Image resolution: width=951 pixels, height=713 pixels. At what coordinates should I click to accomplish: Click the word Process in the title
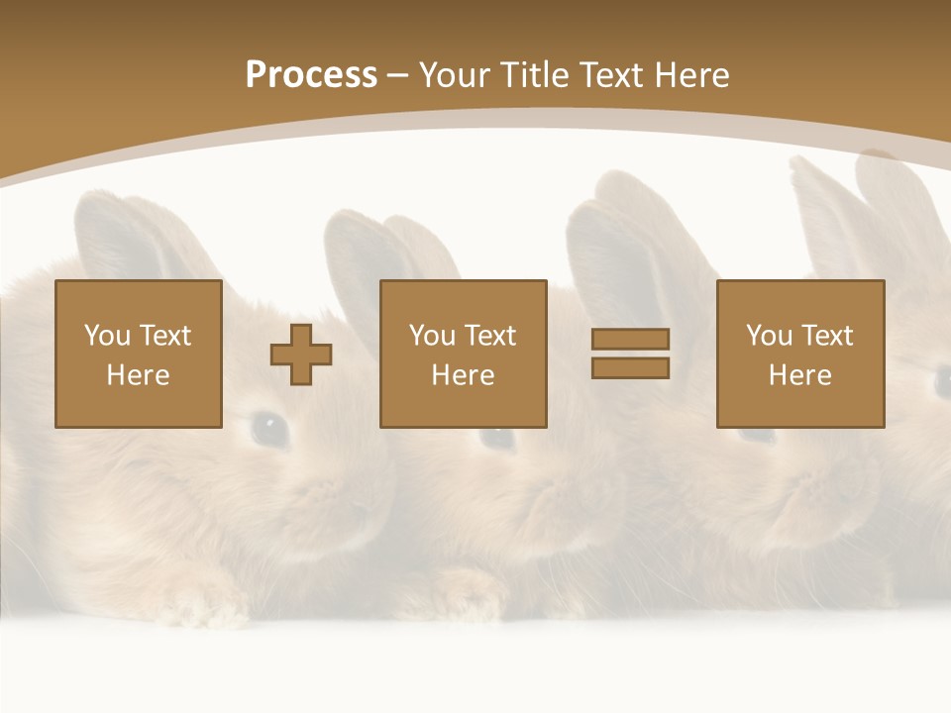(x=311, y=74)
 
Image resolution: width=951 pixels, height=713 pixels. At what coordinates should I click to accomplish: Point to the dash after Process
(x=397, y=75)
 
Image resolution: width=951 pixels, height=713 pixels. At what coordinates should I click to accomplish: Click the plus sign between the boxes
(x=301, y=355)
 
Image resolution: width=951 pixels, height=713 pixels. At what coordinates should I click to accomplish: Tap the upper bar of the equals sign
(x=630, y=339)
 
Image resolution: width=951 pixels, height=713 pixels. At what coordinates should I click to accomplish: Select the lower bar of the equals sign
(x=630, y=367)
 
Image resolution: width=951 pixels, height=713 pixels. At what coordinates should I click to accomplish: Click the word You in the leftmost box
(x=107, y=335)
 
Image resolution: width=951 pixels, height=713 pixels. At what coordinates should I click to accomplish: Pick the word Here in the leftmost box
(x=138, y=375)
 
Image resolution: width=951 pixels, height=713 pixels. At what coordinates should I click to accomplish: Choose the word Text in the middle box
(x=489, y=335)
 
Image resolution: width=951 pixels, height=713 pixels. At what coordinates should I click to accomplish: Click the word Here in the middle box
(x=463, y=375)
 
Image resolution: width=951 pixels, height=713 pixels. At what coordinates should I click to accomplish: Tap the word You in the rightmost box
(x=769, y=335)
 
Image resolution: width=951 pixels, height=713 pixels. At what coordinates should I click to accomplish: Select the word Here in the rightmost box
(x=799, y=375)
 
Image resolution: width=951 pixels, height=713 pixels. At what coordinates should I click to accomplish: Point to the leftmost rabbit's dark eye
(x=267, y=428)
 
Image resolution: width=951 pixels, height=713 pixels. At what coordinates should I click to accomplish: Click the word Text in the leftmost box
(x=164, y=335)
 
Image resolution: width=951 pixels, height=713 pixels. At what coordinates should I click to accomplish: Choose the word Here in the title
(x=692, y=74)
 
